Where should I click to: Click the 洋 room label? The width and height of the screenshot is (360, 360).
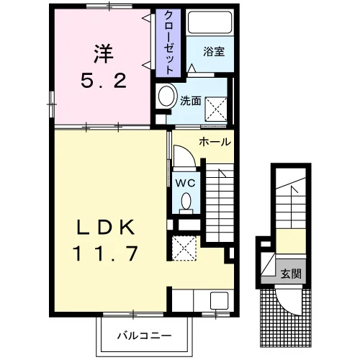[104, 53]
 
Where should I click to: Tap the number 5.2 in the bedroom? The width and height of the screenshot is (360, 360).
[104, 81]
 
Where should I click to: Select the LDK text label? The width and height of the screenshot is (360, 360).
[105, 228]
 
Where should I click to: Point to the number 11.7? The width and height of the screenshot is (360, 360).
[105, 253]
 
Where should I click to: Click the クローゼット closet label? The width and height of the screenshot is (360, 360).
[168, 42]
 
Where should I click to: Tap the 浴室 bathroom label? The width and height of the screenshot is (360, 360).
[214, 52]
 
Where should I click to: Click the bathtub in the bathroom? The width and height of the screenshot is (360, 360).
[210, 23]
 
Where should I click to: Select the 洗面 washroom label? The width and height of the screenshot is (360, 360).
[191, 101]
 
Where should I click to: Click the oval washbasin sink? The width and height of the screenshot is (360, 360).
[166, 96]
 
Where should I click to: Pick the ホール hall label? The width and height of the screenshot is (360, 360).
[215, 142]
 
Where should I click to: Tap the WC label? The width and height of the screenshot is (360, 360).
[185, 184]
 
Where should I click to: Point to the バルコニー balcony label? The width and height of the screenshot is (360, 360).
[145, 336]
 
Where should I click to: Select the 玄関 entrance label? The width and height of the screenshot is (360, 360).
[291, 274]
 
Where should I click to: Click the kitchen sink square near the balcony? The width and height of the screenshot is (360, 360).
[219, 300]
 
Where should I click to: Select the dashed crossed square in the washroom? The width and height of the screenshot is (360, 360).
[216, 109]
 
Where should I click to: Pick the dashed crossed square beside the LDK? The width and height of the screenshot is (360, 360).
[184, 248]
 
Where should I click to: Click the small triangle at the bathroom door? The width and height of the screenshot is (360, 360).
[192, 68]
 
